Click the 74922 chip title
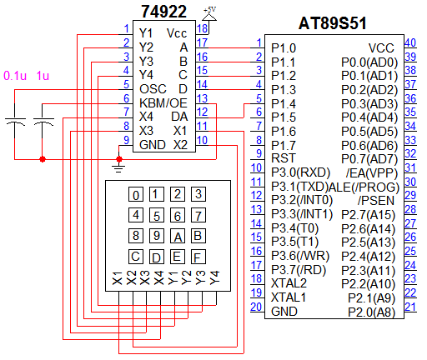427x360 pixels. coord(163,12)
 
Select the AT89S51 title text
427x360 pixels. coord(333,23)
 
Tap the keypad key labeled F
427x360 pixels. coord(198,257)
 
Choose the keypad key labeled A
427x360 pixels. coord(178,236)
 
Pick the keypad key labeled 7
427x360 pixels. coord(198,215)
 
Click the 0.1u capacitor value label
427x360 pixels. coord(15,76)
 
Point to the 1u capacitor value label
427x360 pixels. coord(43,76)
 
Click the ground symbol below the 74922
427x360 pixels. coord(118,167)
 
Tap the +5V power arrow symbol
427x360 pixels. coord(209,17)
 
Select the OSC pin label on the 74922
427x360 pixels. coord(153,89)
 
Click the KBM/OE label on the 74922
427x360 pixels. coord(163,103)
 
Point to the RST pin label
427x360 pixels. coord(283,158)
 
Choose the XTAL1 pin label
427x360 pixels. coord(289,297)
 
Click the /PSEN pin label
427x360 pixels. coord(376,201)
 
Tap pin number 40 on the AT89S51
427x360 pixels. coord(410,42)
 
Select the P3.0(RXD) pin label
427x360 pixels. coord(300,172)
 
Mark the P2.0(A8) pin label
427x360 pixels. coord(372,312)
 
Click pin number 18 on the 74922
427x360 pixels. coord(202,28)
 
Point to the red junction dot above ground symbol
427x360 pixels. coord(119,159)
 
